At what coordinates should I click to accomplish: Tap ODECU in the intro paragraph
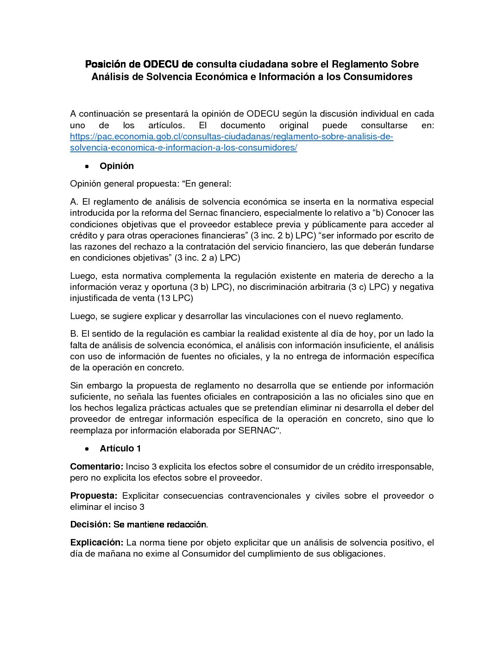(x=263, y=114)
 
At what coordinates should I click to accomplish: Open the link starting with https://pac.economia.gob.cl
(x=231, y=137)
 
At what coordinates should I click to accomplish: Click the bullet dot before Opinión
(x=87, y=166)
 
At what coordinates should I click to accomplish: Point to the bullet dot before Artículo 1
(x=87, y=449)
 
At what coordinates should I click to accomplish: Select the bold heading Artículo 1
(x=120, y=449)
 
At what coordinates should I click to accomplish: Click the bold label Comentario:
(x=96, y=467)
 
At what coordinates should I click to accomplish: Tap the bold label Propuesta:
(x=94, y=496)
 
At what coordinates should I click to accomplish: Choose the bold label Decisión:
(x=90, y=525)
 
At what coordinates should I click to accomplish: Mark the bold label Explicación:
(x=96, y=543)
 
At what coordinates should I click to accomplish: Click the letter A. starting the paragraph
(x=74, y=202)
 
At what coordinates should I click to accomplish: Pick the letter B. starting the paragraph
(x=74, y=334)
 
